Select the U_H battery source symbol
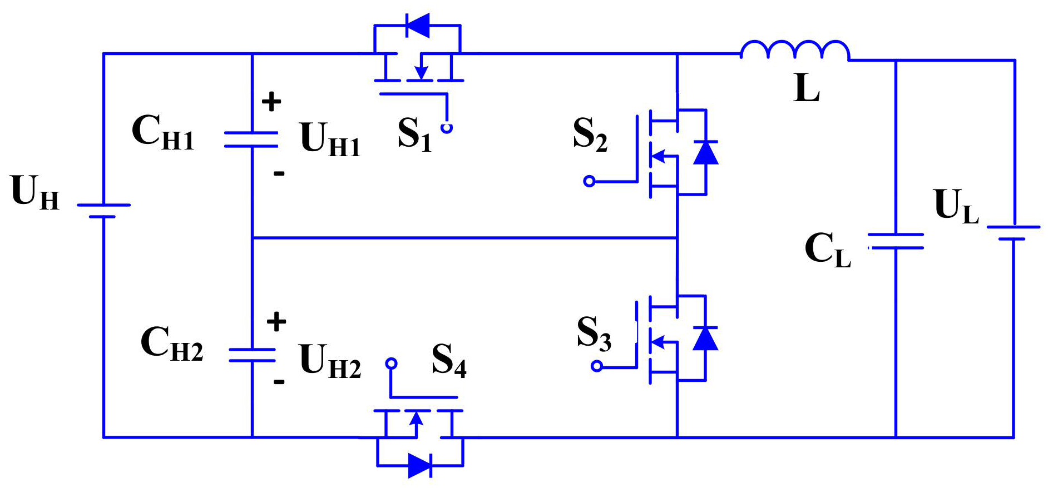pyautogui.click(x=103, y=211)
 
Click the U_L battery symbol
pyautogui.click(x=1013, y=233)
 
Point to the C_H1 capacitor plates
pyautogui.click(x=251, y=139)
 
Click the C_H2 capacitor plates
pyautogui.click(x=252, y=355)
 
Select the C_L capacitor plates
pyautogui.click(x=896, y=241)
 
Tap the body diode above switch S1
pyautogui.click(x=417, y=25)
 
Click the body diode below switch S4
pyautogui.click(x=420, y=465)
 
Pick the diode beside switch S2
pyautogui.click(x=705, y=152)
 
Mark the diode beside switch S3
pyautogui.click(x=705, y=338)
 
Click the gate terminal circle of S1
pyautogui.click(x=446, y=128)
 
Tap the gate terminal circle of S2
pyautogui.click(x=589, y=181)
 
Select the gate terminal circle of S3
pyautogui.click(x=596, y=366)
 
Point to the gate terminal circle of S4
pyautogui.click(x=391, y=363)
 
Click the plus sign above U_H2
pyautogui.click(x=276, y=322)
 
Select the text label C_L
pyautogui.click(x=828, y=250)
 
